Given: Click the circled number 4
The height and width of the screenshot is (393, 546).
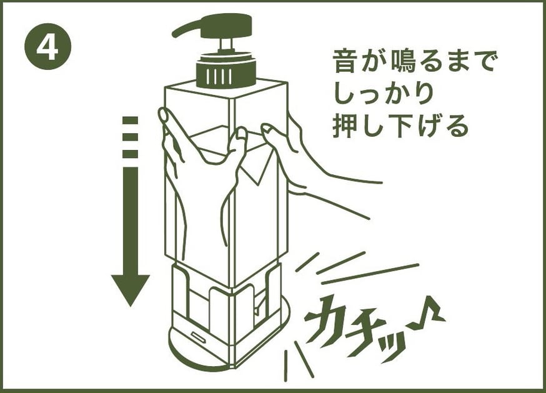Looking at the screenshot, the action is pyautogui.click(x=47, y=46).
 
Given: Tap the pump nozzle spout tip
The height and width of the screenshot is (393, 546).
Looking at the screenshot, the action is pyautogui.click(x=175, y=34).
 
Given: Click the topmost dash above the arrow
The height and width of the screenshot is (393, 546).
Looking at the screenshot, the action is pyautogui.click(x=130, y=121).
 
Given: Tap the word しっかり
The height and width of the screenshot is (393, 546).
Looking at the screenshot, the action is pyautogui.click(x=384, y=93).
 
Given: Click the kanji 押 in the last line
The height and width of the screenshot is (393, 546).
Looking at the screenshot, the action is pyautogui.click(x=345, y=126).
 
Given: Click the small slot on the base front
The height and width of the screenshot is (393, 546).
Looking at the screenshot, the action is pyautogui.click(x=199, y=336).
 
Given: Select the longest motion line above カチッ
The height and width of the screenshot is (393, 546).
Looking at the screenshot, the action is pyautogui.click(x=370, y=274).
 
